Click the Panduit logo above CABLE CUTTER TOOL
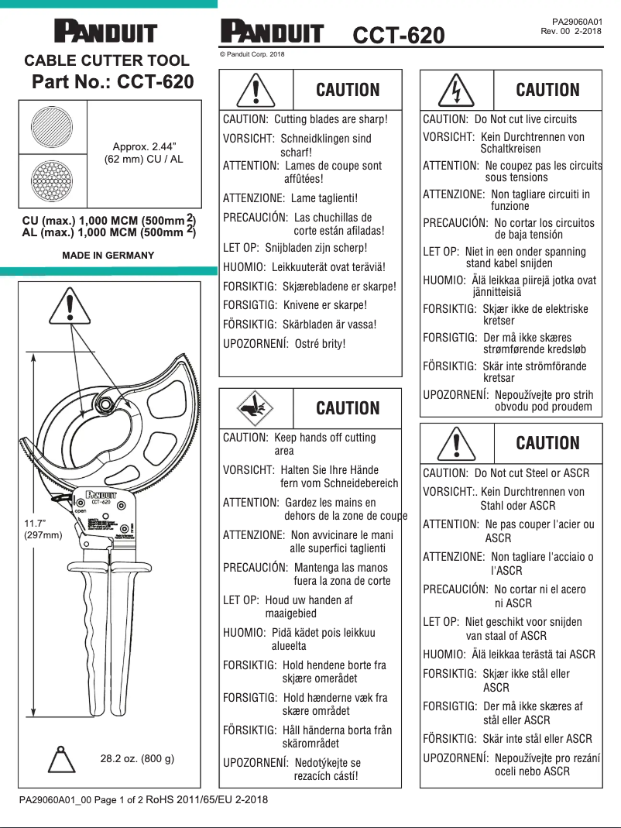105,33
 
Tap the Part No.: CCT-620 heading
113,82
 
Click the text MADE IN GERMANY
108,255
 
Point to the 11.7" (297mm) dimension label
43,529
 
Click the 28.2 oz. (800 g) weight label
137,758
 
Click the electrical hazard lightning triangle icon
457,90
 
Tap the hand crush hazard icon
256,408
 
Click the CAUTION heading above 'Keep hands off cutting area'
348,408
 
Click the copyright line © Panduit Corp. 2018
252,54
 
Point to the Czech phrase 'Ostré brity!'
320,343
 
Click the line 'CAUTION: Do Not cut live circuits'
499,119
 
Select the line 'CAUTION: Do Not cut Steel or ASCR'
506,472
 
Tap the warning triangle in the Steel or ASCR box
457,443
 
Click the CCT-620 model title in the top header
399,35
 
